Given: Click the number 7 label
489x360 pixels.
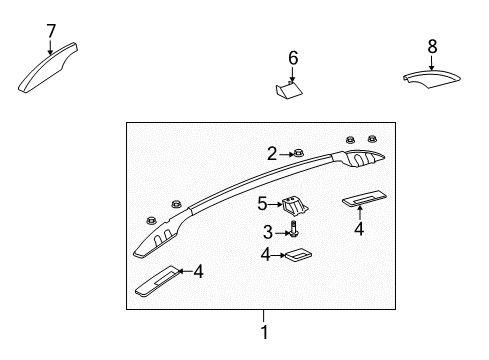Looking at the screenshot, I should pos(51,31).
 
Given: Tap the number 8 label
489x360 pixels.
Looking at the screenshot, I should pos(432,45).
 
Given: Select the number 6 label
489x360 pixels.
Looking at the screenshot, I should pos(293,58).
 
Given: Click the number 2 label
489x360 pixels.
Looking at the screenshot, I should pos(272,153).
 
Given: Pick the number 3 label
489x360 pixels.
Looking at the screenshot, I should pos(268,232).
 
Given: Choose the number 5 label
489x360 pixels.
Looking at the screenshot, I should pos(263,204).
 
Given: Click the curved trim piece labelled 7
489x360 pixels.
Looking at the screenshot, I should pos(47,70).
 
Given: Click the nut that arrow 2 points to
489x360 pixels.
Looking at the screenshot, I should pos(298,154).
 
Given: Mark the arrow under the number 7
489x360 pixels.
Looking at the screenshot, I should pos(51,47).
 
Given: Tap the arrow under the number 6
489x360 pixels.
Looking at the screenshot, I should pos(293,74).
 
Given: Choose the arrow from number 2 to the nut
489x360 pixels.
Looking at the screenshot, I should pos(284,153).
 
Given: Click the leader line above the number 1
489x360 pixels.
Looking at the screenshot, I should pos(264,318).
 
